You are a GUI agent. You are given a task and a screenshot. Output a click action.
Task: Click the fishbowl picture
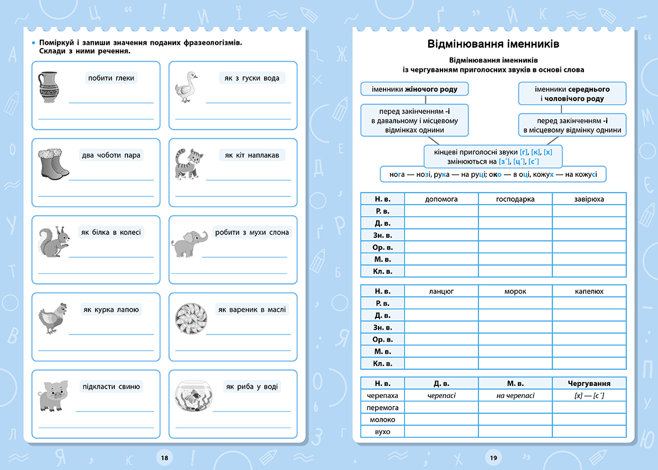tap(193, 395)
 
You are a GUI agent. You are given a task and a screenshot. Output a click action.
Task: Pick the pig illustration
tap(52, 396)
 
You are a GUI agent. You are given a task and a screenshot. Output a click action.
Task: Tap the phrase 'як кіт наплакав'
tap(252, 155)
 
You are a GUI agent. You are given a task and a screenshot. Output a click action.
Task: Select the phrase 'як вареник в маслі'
tap(252, 310)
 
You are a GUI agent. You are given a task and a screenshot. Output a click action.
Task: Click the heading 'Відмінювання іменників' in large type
tap(493, 44)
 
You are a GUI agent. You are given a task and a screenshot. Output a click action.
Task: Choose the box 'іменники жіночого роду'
tap(414, 88)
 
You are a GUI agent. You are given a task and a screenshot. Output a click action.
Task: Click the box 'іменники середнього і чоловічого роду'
tap(572, 93)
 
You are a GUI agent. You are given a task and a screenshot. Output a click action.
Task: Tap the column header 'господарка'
tap(515, 199)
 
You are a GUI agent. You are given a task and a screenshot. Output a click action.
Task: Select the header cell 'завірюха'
tap(589, 199)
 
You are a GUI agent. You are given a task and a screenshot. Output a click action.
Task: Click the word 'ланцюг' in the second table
tap(441, 291)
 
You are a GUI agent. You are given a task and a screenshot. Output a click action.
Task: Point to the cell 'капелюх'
tap(589, 291)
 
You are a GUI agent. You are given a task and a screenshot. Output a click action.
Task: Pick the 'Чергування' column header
tap(589, 383)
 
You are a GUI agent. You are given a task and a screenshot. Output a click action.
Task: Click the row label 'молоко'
tap(382, 420)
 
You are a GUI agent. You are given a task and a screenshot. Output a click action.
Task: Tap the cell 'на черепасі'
tap(515, 395)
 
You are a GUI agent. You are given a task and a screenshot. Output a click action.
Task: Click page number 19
tap(493, 457)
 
